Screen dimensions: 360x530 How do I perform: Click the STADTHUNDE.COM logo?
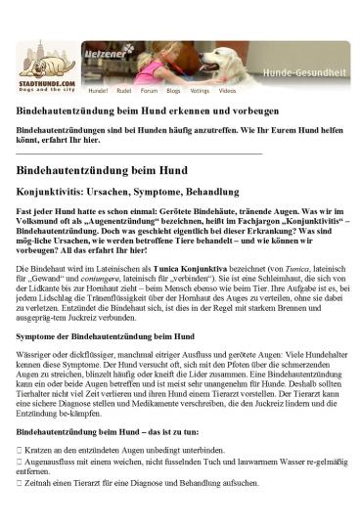pyautogui.click(x=47, y=69)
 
